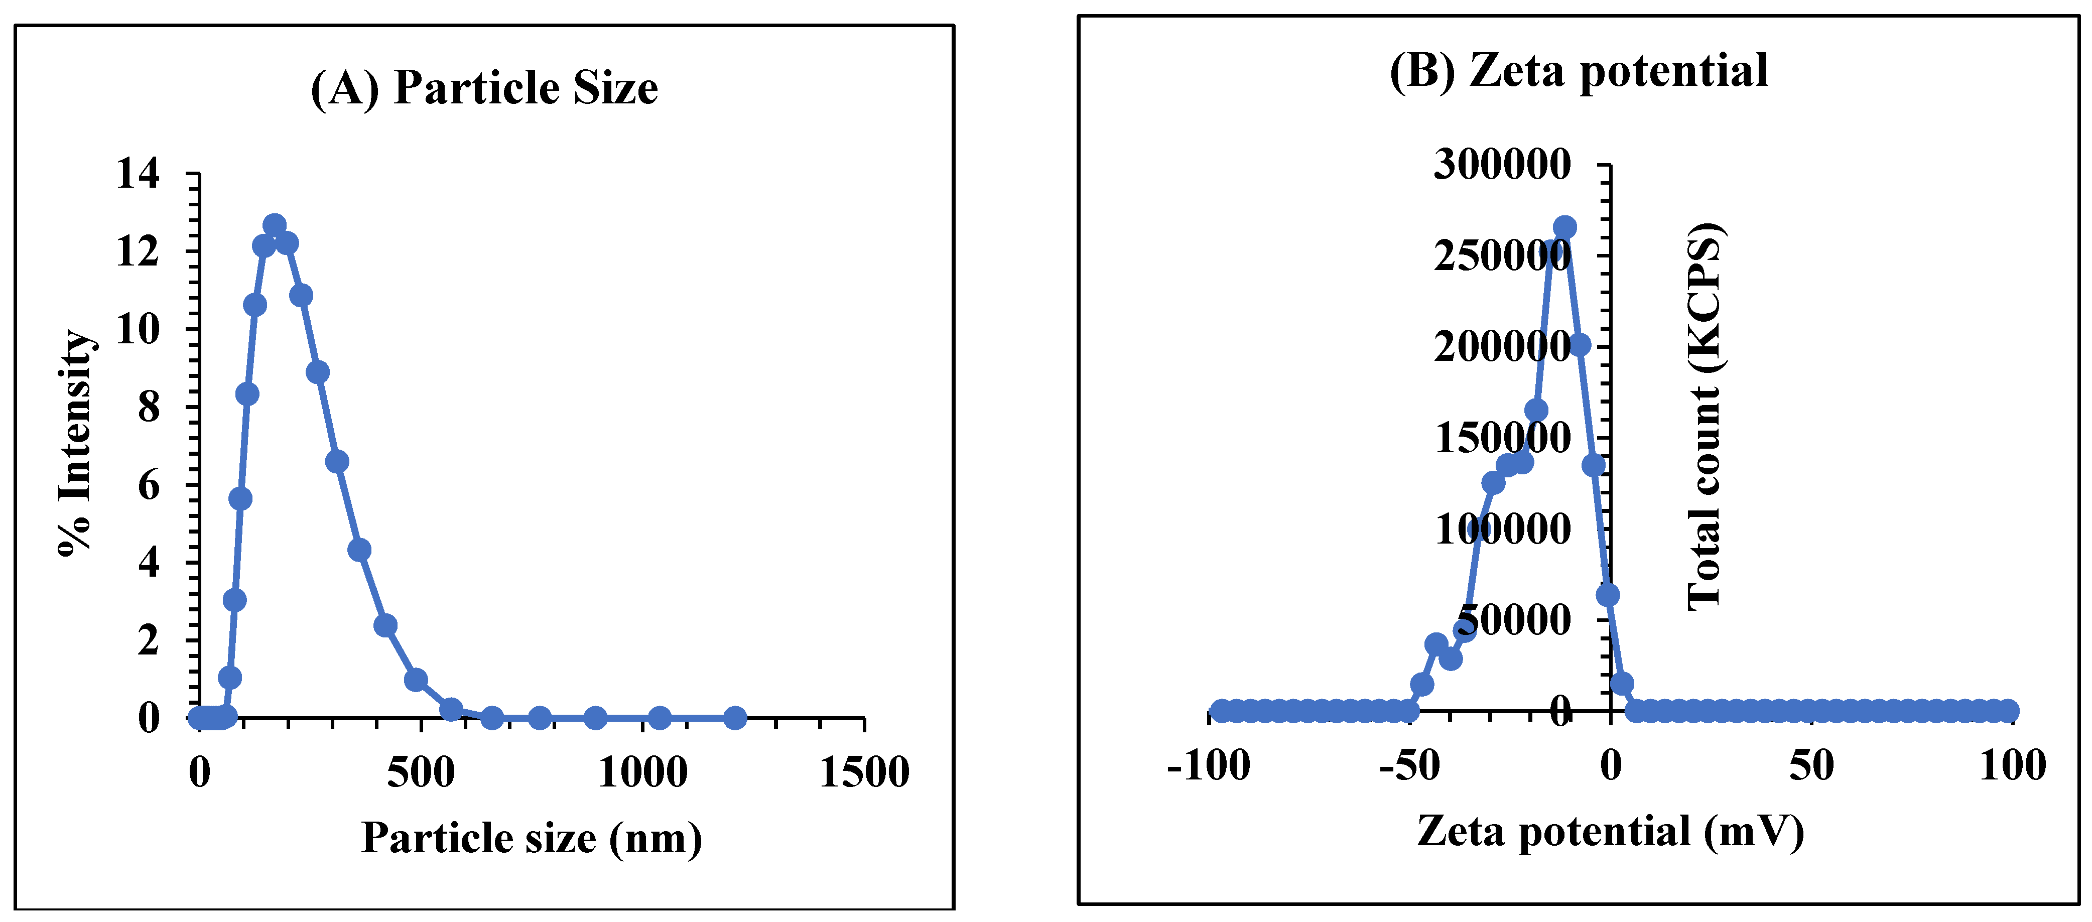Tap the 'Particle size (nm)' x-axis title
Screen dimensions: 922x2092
point(531,838)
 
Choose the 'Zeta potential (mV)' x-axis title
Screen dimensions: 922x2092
point(1611,832)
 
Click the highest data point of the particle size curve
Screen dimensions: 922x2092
point(275,225)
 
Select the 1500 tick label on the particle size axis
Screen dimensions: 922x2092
point(864,772)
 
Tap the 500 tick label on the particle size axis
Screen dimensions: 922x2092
point(421,772)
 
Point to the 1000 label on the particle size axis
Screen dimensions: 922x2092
point(642,772)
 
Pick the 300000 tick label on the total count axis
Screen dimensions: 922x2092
point(1502,165)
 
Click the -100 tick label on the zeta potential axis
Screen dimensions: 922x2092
point(1209,766)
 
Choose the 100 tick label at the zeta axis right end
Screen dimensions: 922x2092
point(2012,766)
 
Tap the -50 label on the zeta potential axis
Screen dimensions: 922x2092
point(1410,766)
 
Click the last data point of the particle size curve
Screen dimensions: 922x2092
point(735,717)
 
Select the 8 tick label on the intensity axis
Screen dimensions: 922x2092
point(149,407)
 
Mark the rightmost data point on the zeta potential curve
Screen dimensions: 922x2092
point(2008,712)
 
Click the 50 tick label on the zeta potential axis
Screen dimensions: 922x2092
point(1812,766)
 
